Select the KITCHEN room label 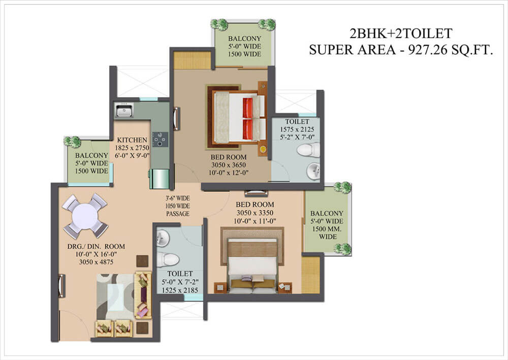click(x=132, y=140)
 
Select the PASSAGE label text click(x=177, y=215)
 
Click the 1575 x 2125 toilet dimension click(x=297, y=129)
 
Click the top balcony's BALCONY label click(x=244, y=39)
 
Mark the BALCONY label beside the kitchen click(x=91, y=156)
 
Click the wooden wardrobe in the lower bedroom click(x=311, y=275)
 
